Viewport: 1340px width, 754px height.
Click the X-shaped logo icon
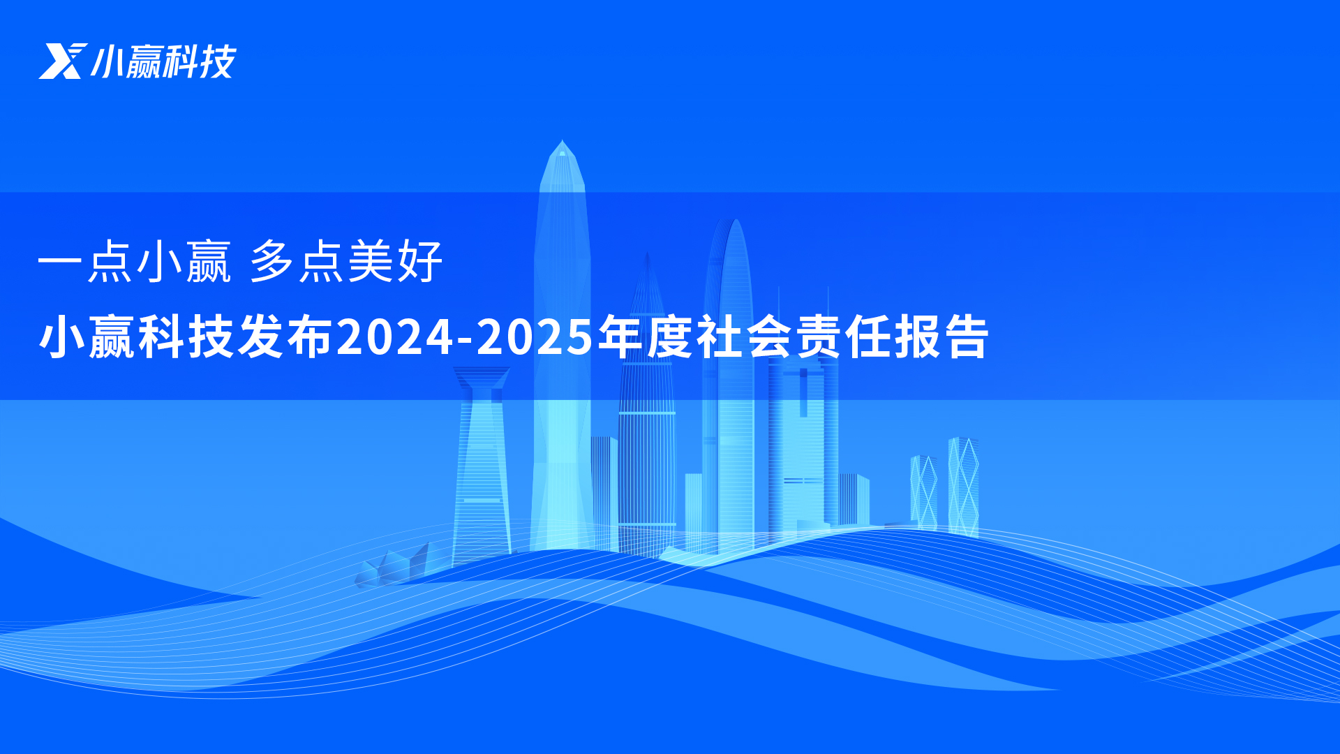tap(63, 61)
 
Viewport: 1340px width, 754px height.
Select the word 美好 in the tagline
tap(395, 261)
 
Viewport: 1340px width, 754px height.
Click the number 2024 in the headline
tap(395, 337)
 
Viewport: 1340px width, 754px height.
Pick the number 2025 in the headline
tap(535, 337)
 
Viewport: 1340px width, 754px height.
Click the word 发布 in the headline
tap(285, 337)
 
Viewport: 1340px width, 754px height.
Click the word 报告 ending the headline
tap(941, 337)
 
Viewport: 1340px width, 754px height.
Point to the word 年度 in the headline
tap(646, 337)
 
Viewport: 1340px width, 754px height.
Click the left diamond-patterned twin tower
tap(923, 492)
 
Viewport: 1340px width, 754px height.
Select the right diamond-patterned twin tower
tap(963, 487)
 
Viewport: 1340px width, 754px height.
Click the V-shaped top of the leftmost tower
tap(482, 378)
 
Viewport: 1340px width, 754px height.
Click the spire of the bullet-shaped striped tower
tap(647, 262)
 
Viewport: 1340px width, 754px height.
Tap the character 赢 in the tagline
tap(208, 261)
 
